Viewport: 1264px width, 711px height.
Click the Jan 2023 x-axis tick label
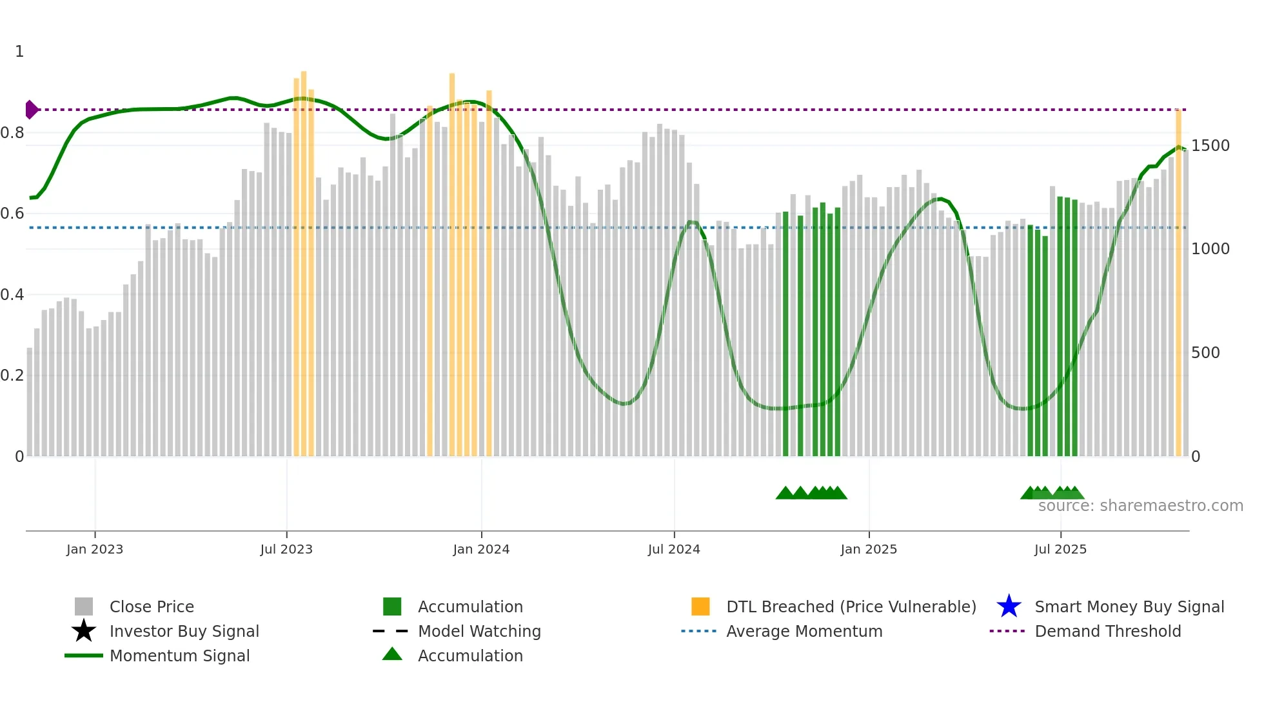95,549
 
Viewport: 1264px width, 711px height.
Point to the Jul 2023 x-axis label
286,549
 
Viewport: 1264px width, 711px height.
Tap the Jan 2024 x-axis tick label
481,549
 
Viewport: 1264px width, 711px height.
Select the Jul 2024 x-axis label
674,549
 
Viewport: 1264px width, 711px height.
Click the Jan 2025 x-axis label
869,549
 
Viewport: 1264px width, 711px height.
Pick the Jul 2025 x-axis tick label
1060,549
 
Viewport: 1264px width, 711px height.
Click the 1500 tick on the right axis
1210,146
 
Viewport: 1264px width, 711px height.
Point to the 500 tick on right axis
1205,353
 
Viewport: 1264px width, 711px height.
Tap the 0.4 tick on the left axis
12,295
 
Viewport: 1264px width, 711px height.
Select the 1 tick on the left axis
19,52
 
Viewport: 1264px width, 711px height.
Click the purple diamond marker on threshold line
31,110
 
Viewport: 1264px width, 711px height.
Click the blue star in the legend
1009,606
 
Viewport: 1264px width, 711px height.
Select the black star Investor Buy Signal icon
84,631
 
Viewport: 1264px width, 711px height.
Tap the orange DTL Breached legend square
700,606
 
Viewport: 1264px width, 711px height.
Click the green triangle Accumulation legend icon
392,655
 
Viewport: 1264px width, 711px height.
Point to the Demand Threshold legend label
1107,631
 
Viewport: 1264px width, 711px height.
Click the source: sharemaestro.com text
1140,506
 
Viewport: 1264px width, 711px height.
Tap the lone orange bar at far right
1178,284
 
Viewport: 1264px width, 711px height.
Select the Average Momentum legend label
804,631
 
